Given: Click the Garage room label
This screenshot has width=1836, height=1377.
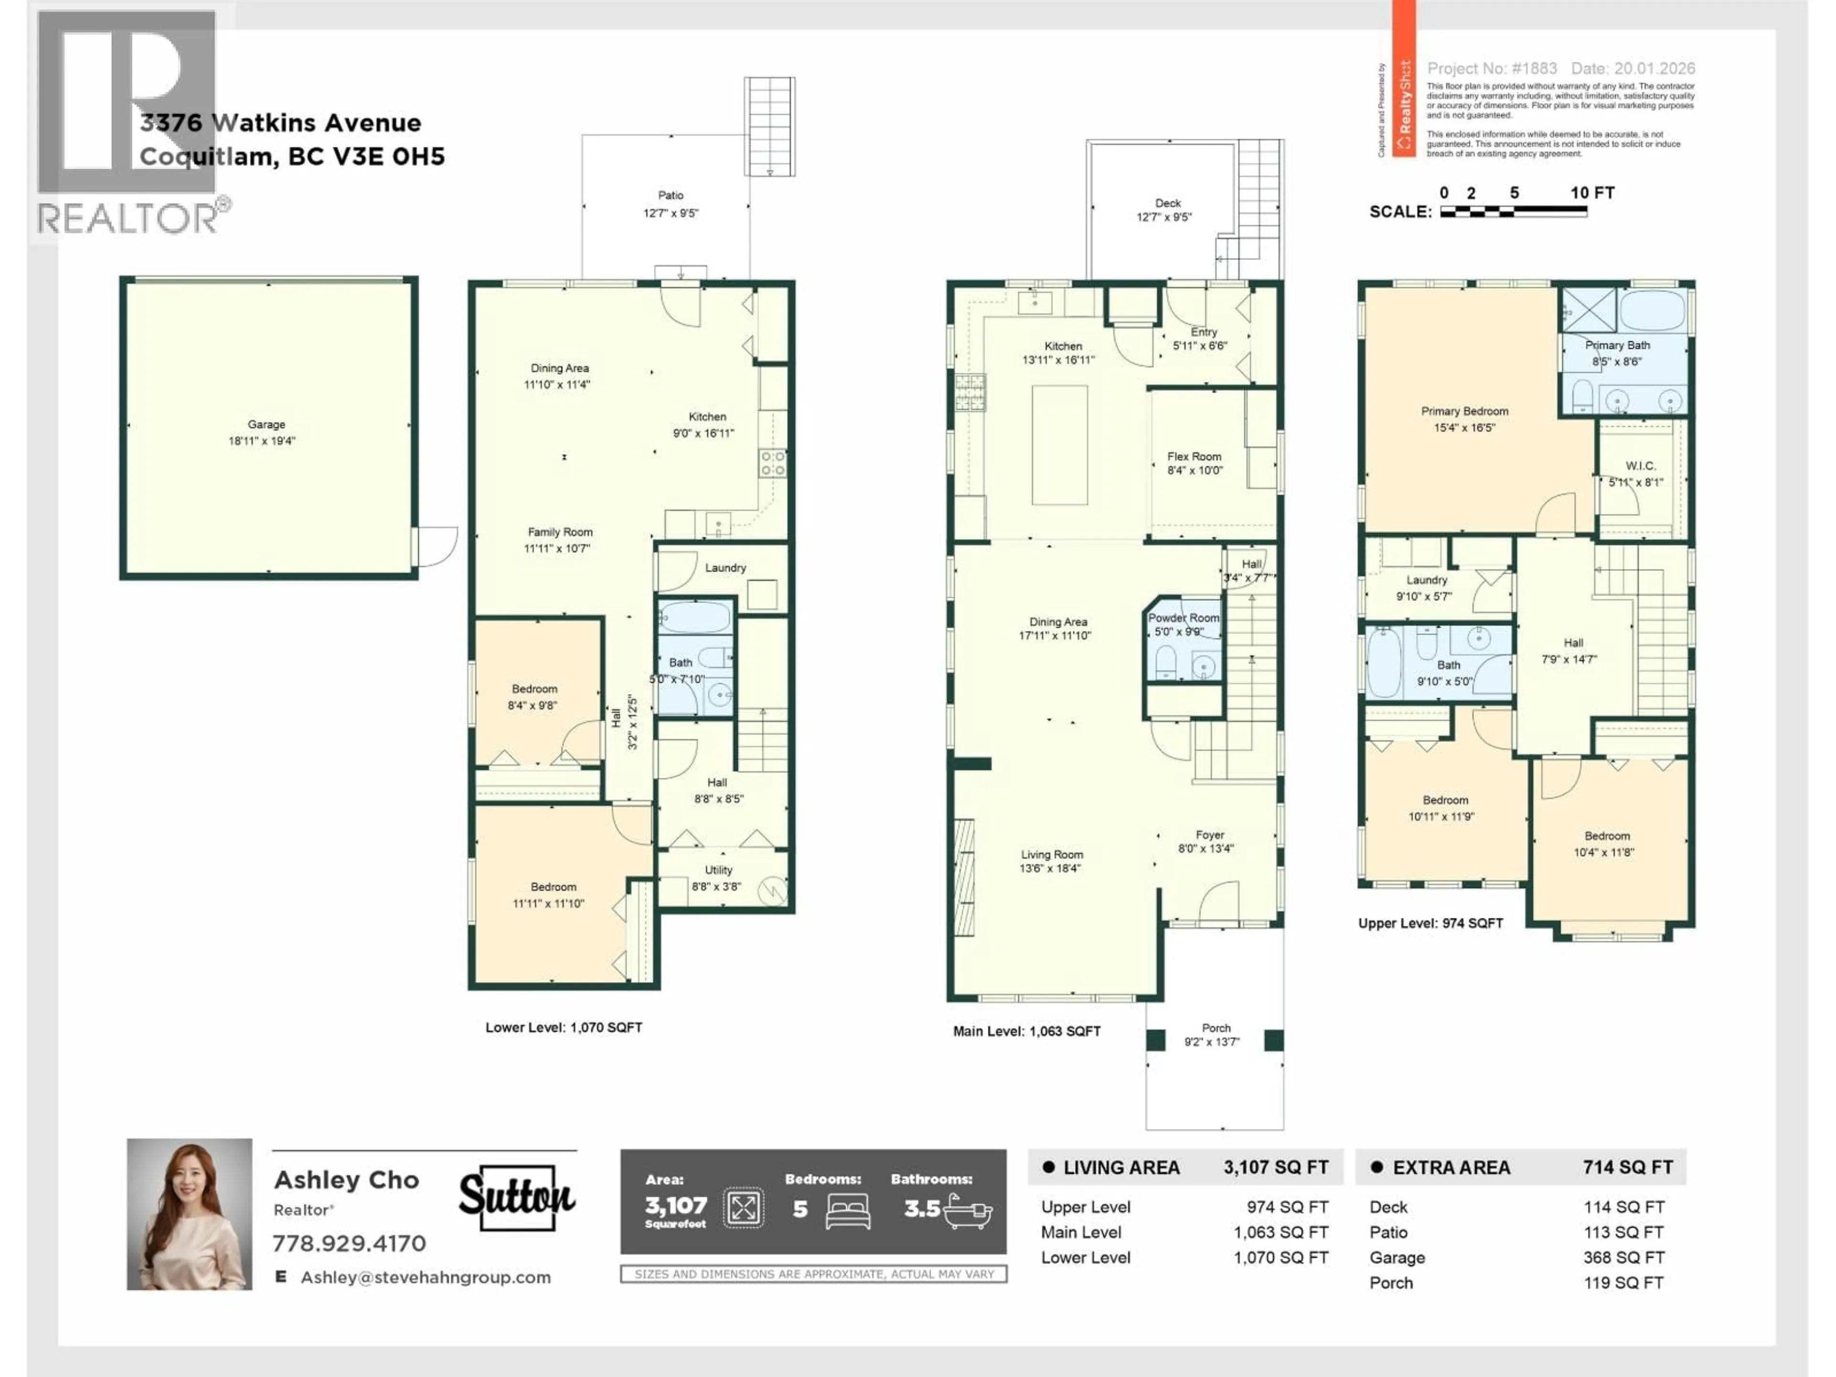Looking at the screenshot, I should pyautogui.click(x=266, y=424).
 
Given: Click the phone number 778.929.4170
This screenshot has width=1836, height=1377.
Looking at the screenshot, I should pyautogui.click(x=350, y=1244).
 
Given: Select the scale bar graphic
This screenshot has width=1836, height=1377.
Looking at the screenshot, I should pyautogui.click(x=1513, y=212).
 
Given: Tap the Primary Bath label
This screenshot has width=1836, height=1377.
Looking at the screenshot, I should pyautogui.click(x=1617, y=345).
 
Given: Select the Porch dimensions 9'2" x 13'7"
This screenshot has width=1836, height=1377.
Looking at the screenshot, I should pyautogui.click(x=1212, y=1042).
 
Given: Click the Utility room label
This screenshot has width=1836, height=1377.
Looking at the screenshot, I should pyautogui.click(x=718, y=870).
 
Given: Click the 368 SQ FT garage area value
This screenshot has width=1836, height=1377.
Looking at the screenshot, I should pyautogui.click(x=1623, y=1257).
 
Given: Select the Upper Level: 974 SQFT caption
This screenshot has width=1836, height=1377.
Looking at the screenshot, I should pyautogui.click(x=1430, y=923).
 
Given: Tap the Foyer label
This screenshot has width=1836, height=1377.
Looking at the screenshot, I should pyautogui.click(x=1209, y=835).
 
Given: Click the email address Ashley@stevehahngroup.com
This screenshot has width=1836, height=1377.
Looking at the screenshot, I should pyautogui.click(x=425, y=1278).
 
